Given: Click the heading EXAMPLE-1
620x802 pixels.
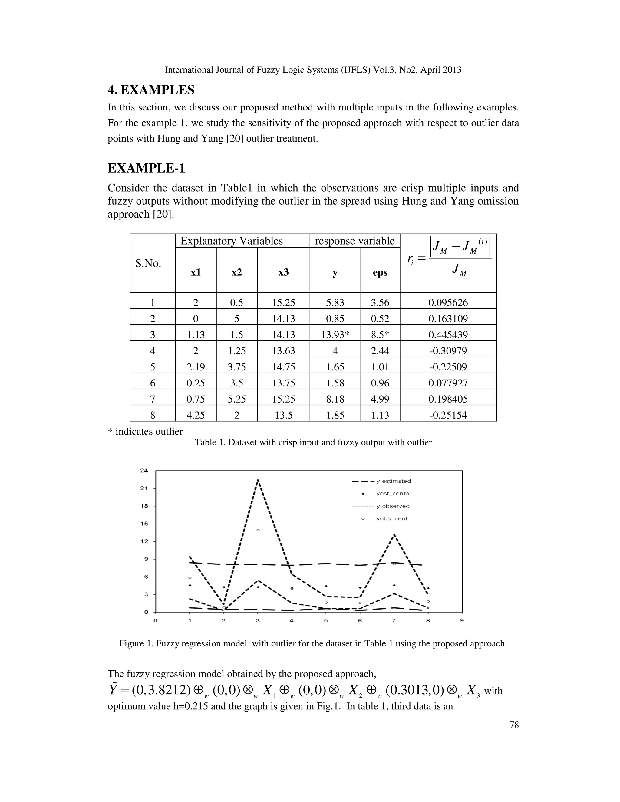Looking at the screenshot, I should point(146,168).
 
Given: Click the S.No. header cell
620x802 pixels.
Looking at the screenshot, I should point(148,263).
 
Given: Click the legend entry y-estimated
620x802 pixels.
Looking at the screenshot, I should point(393,481).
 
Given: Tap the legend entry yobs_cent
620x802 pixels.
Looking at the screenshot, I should point(391,518).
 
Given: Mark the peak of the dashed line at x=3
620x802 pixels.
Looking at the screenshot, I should point(258,480).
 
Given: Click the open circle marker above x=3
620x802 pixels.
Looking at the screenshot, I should point(258,530).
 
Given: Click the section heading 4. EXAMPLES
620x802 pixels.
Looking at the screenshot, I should point(151,90).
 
